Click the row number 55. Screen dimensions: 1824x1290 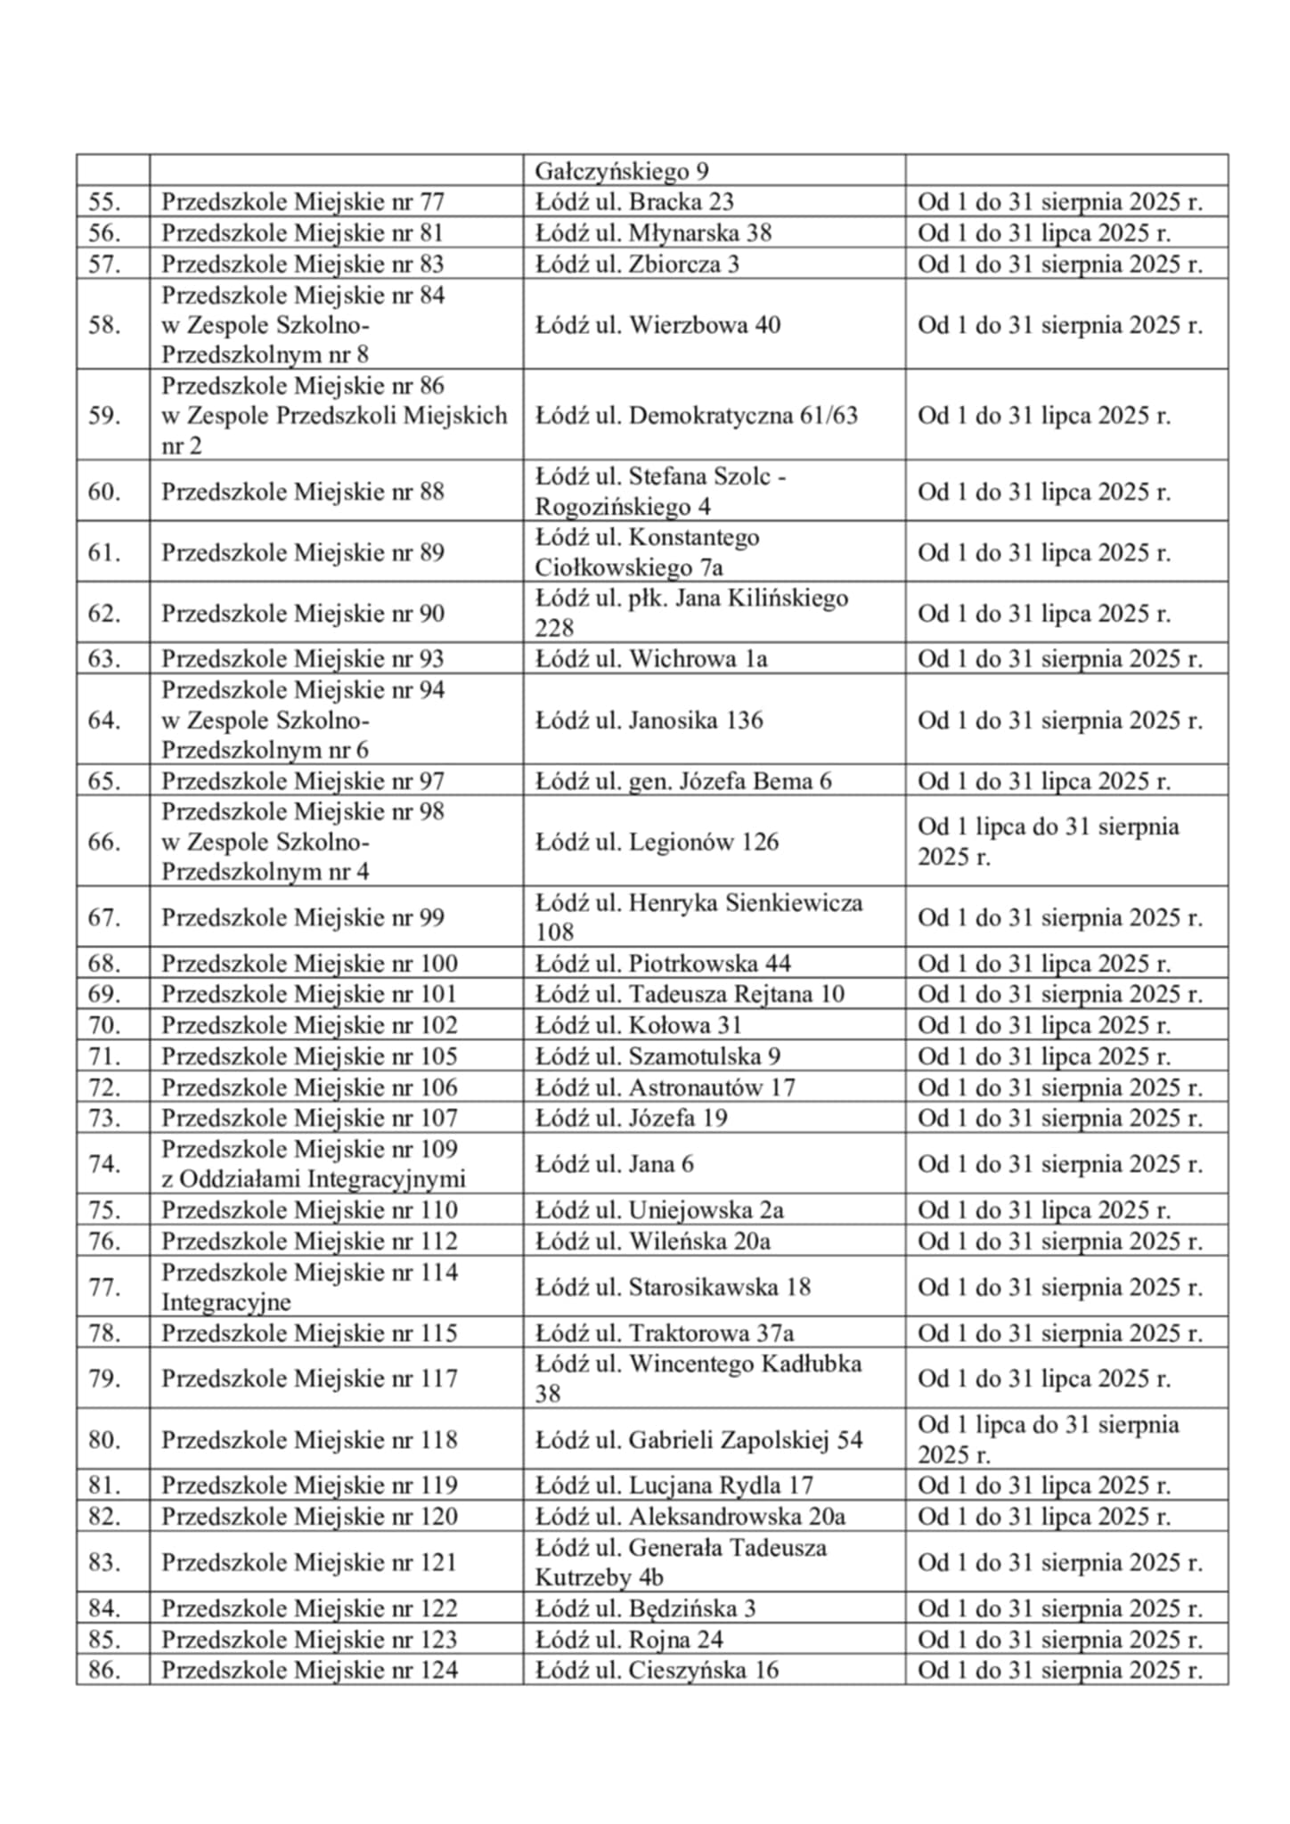click(104, 202)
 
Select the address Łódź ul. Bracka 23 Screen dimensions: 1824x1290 click(633, 202)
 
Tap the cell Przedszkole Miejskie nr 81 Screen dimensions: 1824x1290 click(302, 233)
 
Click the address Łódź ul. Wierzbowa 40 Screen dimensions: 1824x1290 click(657, 325)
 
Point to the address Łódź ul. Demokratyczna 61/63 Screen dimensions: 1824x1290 click(696, 416)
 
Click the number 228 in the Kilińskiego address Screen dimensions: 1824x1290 click(553, 628)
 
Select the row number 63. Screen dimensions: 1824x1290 click(104, 659)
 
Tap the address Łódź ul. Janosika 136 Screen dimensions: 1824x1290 click(649, 721)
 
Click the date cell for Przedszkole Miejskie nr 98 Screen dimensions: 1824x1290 click(1048, 842)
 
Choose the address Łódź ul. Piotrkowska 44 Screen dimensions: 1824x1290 click(662, 964)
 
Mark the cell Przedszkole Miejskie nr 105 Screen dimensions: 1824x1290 click(309, 1056)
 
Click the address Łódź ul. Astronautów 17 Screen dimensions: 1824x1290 click(665, 1087)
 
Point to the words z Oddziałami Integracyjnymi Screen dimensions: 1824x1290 click(313, 1179)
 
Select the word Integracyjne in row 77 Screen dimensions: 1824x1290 click(226, 1302)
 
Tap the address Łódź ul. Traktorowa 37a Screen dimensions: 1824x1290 click(664, 1333)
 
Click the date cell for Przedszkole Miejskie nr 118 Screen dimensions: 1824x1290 click(1048, 1439)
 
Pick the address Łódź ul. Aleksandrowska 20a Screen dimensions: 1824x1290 click(690, 1516)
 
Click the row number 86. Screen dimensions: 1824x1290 click(104, 1670)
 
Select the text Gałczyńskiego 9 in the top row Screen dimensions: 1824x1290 click(621, 171)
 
